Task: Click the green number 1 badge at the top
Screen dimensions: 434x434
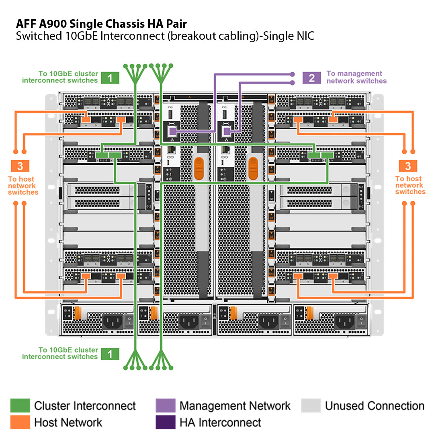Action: pyautogui.click(x=110, y=77)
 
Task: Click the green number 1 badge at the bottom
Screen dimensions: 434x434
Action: pyautogui.click(x=110, y=354)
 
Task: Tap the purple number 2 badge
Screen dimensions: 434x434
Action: pyautogui.click(x=311, y=78)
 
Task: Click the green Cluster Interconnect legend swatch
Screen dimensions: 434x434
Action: pyautogui.click(x=20, y=405)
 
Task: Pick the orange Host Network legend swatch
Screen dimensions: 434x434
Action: pyautogui.click(x=20, y=422)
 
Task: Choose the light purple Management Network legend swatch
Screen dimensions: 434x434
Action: pyautogui.click(x=165, y=405)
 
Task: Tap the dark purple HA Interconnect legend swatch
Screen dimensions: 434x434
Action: pyautogui.click(x=165, y=422)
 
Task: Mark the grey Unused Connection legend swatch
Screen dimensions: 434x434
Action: pyautogui.click(x=311, y=405)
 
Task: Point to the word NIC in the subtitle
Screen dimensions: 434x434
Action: pyautogui.click(x=303, y=36)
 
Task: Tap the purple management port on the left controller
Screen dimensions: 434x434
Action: pyautogui.click(x=172, y=131)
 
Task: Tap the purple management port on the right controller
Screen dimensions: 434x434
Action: pyautogui.click(x=226, y=131)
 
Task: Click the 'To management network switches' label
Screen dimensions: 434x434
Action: pyautogui.click(x=356, y=77)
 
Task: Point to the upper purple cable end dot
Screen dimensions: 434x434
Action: pyautogui.click(x=293, y=74)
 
